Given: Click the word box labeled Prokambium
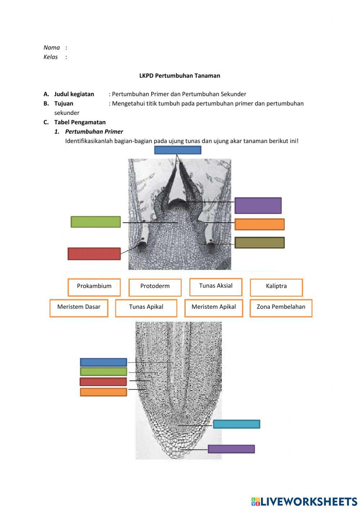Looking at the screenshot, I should [94, 287].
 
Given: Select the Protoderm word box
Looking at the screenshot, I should [155, 287].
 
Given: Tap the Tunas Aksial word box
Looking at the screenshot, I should [216, 286].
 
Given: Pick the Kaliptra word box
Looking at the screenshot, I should [276, 287].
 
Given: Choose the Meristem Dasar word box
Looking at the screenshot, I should [79, 308].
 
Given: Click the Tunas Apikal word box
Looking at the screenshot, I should [146, 308].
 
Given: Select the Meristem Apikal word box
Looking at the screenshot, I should [213, 308].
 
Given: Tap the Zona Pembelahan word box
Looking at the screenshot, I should [281, 308].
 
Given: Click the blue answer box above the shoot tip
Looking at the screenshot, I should [177, 150].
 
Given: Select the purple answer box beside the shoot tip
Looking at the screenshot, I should [258, 205].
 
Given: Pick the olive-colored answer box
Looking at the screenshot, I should [259, 242].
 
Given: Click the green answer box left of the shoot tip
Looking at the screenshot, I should [95, 222].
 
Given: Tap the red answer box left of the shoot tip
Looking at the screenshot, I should [94, 254].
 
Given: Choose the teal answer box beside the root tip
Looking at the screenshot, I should [236, 424].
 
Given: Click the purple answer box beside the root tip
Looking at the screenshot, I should [231, 449].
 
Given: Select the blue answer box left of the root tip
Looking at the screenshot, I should [103, 362].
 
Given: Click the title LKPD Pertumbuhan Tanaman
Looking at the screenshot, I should [180, 76].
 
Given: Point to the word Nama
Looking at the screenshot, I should [51, 48].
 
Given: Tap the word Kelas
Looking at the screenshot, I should [50, 57].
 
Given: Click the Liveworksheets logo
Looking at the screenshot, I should [304, 501].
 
